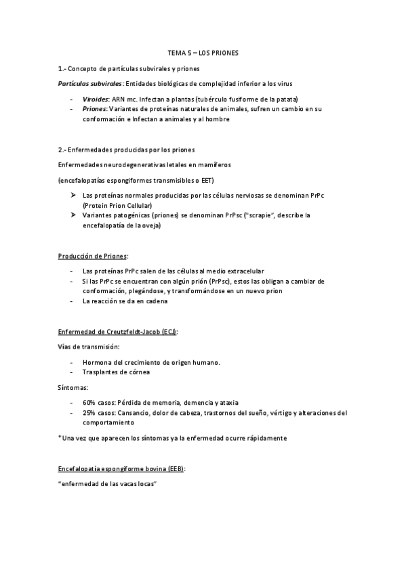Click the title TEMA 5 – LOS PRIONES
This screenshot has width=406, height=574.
coord(203,51)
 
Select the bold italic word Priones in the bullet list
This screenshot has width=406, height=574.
coord(94,108)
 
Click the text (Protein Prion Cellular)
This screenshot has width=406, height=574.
coord(117,205)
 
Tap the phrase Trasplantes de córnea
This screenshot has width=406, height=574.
coord(116,372)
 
